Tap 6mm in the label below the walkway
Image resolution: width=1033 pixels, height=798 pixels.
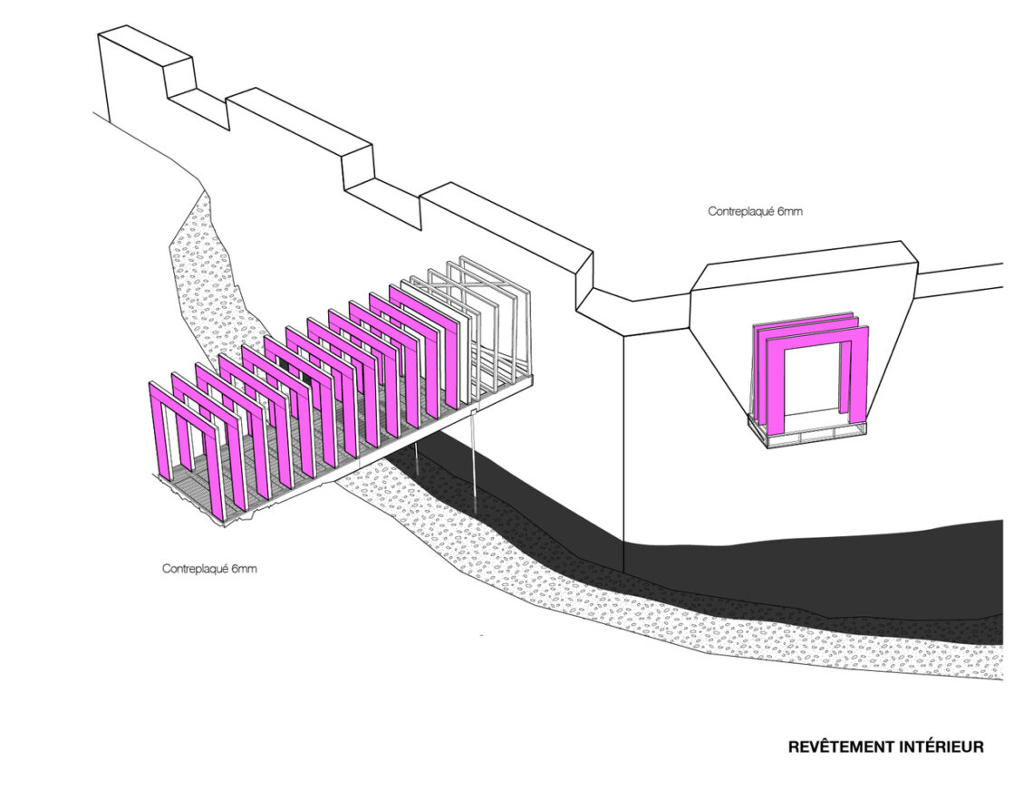coord(243,568)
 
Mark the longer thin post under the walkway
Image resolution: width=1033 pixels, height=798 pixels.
coord(474,462)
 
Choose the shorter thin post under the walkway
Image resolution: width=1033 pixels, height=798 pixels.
coord(418,457)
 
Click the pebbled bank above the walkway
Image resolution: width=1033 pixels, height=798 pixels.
coord(211,276)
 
